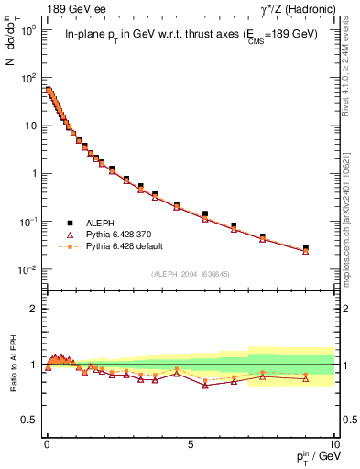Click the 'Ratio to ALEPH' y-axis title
point(13,364)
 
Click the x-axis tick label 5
point(190,442)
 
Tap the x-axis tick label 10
point(333,442)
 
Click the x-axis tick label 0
point(47,442)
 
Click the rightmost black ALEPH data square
point(306,248)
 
